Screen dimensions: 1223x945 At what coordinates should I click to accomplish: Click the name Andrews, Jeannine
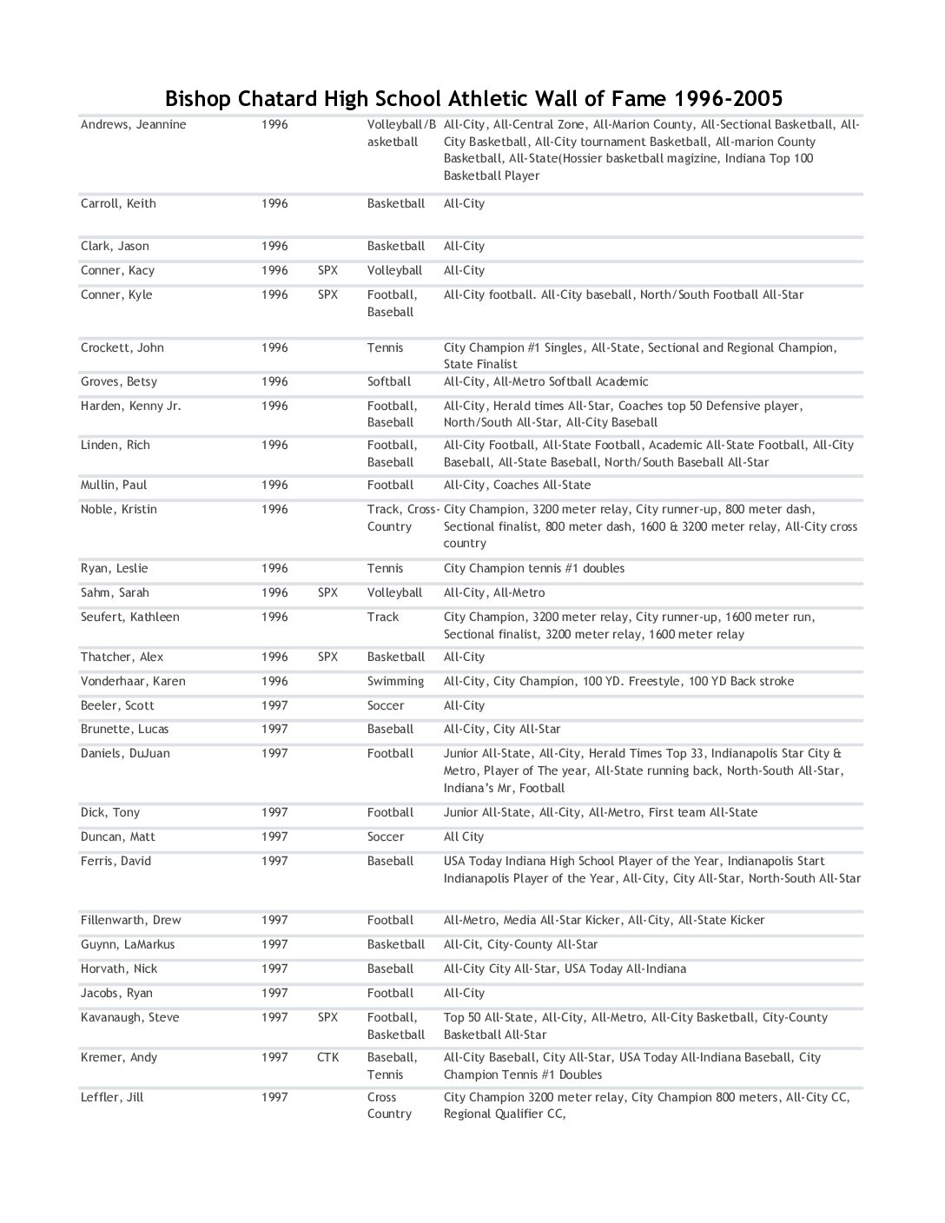click(133, 124)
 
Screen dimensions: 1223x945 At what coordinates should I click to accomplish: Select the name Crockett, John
click(122, 347)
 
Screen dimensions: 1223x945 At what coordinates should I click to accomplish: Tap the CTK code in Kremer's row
click(327, 1057)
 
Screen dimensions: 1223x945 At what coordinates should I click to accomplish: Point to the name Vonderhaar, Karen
click(133, 681)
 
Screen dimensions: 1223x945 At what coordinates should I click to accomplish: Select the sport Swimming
click(395, 681)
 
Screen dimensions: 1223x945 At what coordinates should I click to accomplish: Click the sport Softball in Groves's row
click(388, 381)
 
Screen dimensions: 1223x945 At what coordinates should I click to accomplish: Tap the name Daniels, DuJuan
click(125, 753)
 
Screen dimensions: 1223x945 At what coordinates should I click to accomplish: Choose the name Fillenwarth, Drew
click(131, 920)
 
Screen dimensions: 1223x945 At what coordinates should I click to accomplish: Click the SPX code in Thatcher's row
click(327, 657)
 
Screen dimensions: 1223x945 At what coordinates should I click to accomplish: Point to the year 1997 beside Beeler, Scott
click(274, 705)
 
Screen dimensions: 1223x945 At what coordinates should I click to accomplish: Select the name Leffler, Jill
click(112, 1097)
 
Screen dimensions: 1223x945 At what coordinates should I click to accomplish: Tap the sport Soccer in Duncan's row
click(385, 836)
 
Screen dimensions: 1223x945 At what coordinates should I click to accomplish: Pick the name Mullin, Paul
click(114, 485)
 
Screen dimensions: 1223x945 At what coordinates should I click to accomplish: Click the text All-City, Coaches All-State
click(517, 485)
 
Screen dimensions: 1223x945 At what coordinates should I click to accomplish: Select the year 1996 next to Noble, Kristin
click(274, 509)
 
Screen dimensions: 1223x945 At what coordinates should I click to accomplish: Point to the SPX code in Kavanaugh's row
click(327, 1017)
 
